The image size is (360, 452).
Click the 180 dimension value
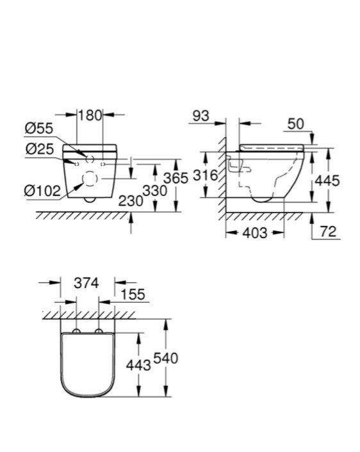click(x=90, y=115)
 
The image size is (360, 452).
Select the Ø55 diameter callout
click(x=39, y=128)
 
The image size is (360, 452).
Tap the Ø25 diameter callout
click(x=40, y=149)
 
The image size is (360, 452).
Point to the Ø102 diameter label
click(x=42, y=191)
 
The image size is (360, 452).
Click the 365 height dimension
click(x=176, y=178)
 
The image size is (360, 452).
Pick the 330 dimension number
click(x=155, y=191)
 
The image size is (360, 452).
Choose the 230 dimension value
click(x=131, y=201)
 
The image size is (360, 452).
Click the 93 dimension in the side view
click(x=200, y=116)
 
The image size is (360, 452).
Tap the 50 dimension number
click(x=296, y=124)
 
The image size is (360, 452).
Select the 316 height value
click(x=205, y=175)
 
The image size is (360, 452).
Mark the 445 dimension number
click(x=327, y=181)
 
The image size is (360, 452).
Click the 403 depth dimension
click(x=255, y=233)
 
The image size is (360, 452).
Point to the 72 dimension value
click(x=328, y=232)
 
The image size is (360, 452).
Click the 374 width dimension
click(x=86, y=283)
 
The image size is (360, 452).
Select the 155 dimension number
click(x=133, y=295)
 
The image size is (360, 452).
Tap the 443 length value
click(x=138, y=366)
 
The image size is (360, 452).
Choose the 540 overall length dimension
click(x=165, y=359)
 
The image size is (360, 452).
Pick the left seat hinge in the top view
click(x=76, y=330)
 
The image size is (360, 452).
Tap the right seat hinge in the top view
click(x=99, y=330)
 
